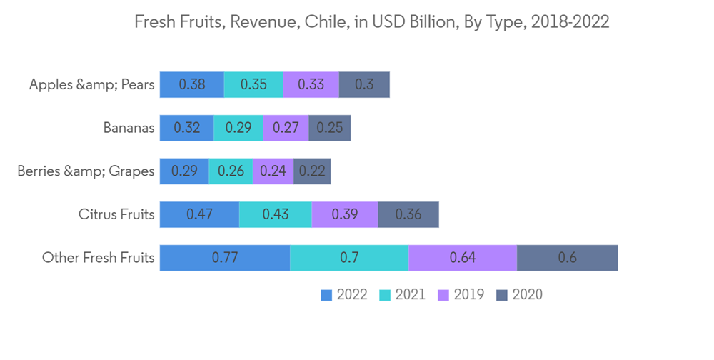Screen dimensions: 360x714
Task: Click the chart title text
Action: pos(372,22)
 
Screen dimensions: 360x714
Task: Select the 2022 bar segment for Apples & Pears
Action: pos(191,84)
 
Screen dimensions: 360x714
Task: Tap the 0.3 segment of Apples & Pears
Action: pos(364,84)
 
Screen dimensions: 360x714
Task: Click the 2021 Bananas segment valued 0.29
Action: pos(238,128)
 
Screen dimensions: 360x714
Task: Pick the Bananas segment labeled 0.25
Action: pos(329,128)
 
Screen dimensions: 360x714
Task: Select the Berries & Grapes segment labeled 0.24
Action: pos(273,171)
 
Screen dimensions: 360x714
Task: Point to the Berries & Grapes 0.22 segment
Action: pos(312,171)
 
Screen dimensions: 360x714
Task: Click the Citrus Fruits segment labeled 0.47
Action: pos(199,214)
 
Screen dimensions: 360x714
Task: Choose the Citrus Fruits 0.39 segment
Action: pos(345,214)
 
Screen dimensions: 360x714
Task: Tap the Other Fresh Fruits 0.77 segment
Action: pos(225,258)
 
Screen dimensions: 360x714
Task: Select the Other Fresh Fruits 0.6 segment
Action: pos(567,258)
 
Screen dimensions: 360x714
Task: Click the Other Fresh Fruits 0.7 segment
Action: pos(349,258)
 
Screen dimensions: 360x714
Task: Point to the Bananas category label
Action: pos(129,129)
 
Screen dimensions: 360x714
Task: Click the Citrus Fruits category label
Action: pos(116,214)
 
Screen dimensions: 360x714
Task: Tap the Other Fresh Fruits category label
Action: pos(99,258)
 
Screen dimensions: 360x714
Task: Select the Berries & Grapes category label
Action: pos(86,171)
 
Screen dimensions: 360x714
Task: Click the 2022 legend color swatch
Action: pos(327,295)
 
